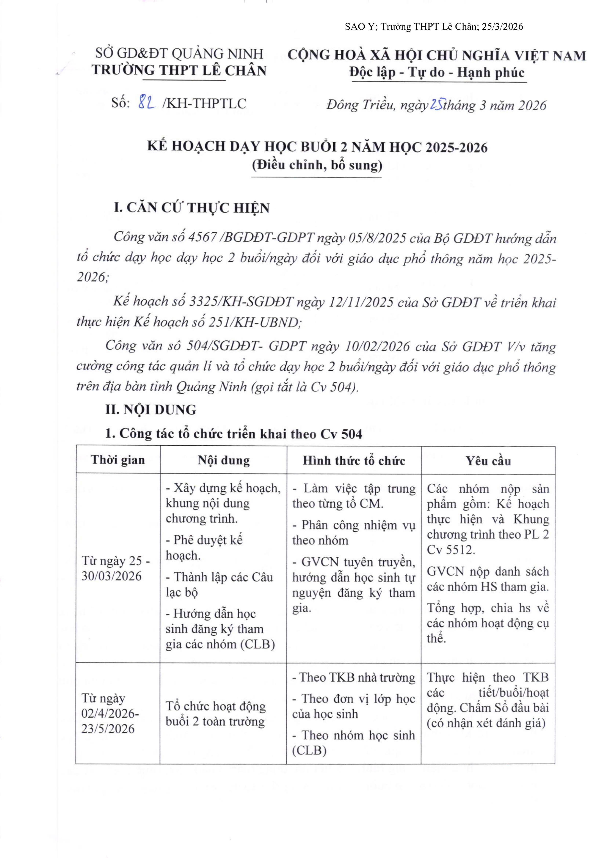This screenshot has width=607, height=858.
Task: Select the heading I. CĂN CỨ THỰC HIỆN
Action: click(191, 208)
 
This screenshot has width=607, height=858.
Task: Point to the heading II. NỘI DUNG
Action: click(151, 410)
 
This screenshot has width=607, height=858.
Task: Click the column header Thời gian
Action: click(118, 460)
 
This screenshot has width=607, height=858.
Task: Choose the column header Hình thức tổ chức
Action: click(354, 460)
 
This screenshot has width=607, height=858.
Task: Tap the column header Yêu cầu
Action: click(488, 461)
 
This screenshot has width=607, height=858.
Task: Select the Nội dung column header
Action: click(224, 460)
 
